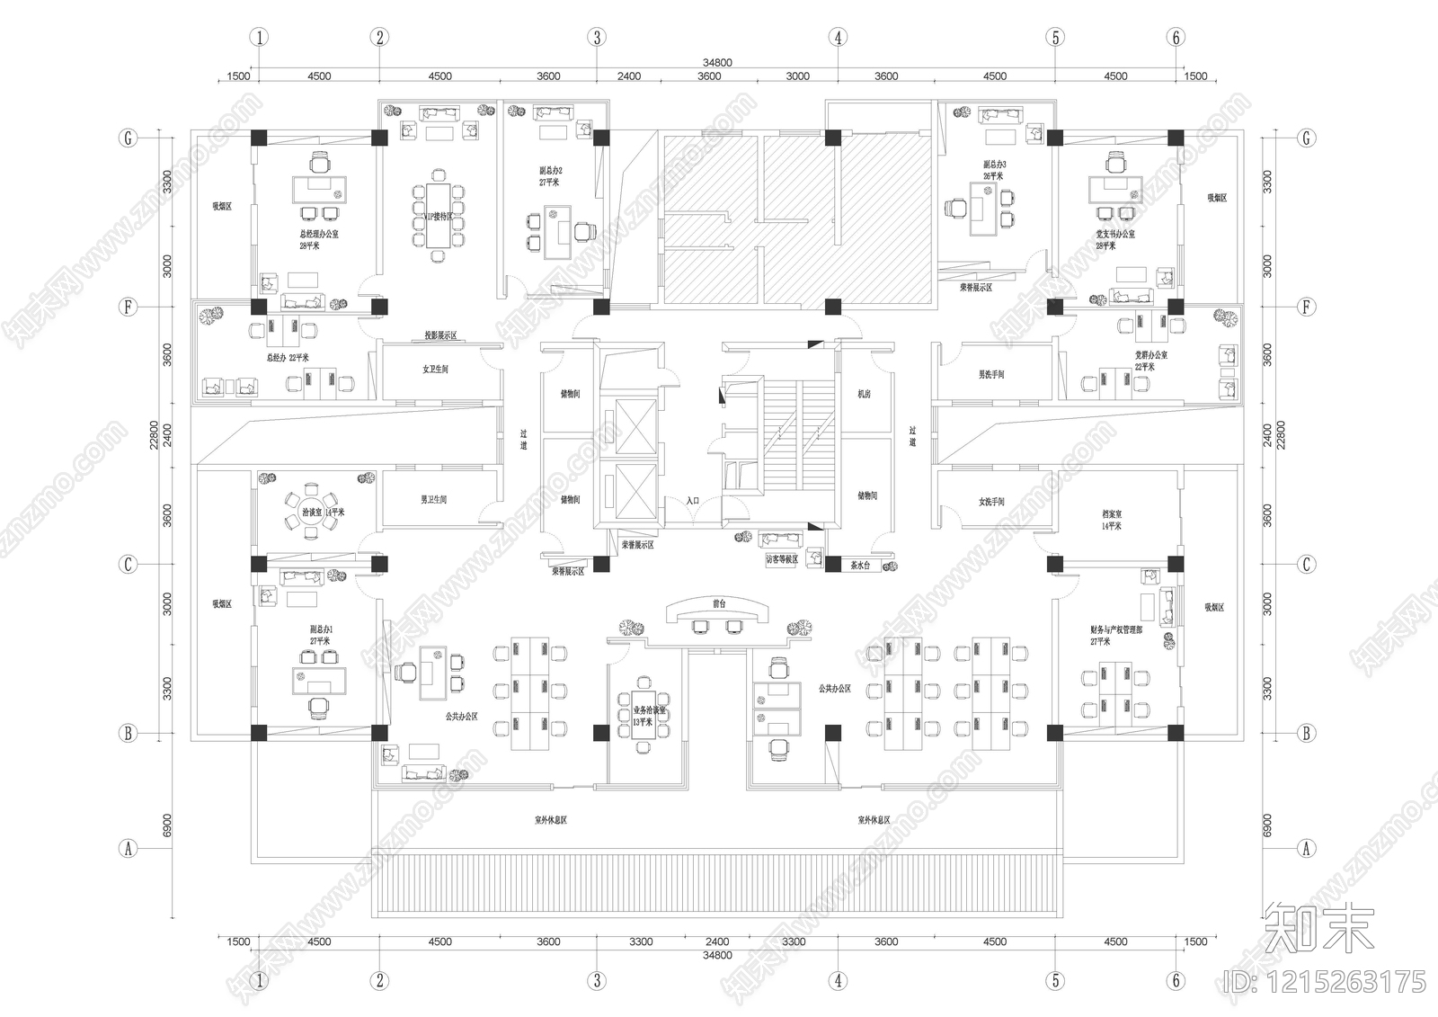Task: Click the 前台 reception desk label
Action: (x=718, y=604)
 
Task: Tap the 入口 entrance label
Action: (x=692, y=501)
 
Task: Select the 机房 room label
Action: (x=864, y=394)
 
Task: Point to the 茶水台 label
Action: (x=859, y=566)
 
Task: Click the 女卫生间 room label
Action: (x=435, y=370)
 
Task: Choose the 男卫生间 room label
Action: (x=434, y=499)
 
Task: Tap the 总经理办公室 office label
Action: (x=319, y=233)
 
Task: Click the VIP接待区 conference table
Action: (x=438, y=216)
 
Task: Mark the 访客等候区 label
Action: (x=781, y=559)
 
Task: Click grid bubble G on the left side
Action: (x=129, y=138)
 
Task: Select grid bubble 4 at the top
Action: (x=838, y=37)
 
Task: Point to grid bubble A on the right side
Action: (x=1306, y=848)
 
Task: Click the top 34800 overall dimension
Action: (x=717, y=63)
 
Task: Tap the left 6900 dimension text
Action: (x=167, y=825)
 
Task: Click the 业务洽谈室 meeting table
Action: (x=641, y=711)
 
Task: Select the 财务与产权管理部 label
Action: (x=1115, y=630)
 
